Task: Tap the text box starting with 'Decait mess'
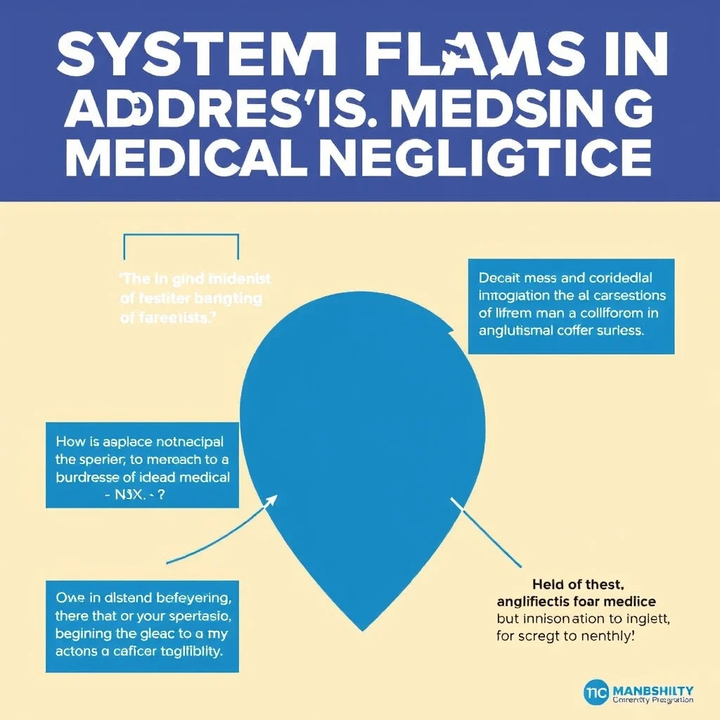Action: click(x=571, y=306)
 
